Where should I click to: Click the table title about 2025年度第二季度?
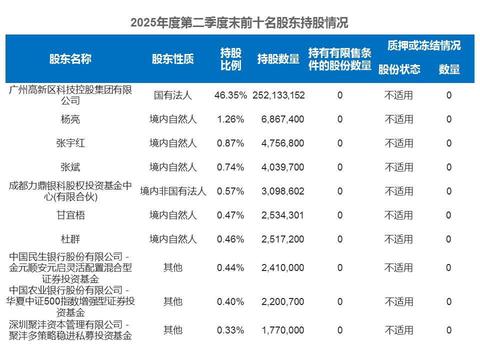coord(239,23)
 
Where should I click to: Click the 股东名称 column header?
coord(70,59)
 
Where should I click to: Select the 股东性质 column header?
coord(172,59)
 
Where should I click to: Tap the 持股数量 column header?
coord(278,59)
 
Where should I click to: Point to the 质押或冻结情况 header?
coord(423,45)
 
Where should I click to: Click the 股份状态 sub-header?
coord(399,69)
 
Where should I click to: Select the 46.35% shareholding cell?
coord(230,95)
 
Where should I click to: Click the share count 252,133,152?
coord(279,95)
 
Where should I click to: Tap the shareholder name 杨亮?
coord(70,119)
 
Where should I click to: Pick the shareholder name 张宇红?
coord(70,143)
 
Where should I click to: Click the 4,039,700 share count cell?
coord(282,167)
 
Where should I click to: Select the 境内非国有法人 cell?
coord(173,191)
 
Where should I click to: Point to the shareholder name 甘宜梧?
coord(70,215)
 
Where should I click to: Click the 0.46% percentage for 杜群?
coord(230,239)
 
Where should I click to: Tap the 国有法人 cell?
coord(173,95)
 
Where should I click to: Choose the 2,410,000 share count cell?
coord(282,267)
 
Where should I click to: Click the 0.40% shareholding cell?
coord(230,301)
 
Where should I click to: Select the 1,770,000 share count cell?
coord(282,330)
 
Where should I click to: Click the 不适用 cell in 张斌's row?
coord(398,167)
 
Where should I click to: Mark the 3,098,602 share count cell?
coord(282,191)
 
